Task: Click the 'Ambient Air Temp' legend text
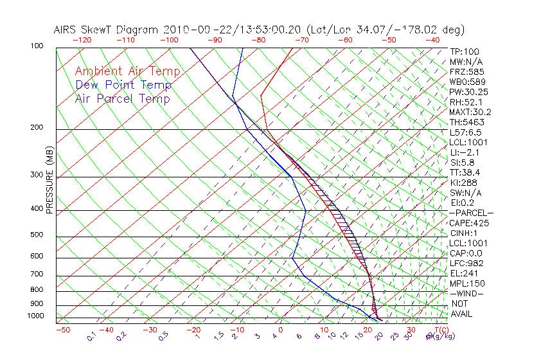(x=127, y=71)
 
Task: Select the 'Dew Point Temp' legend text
(x=123, y=85)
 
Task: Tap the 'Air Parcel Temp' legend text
(x=122, y=98)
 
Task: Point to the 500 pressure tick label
(x=37, y=235)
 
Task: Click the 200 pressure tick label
(x=37, y=128)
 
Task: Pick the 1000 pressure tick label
(x=35, y=316)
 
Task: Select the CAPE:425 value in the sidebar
(x=468, y=223)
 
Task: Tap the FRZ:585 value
(x=466, y=72)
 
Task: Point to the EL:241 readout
(x=464, y=273)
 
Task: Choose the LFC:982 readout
(x=466, y=263)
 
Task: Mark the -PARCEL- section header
(x=471, y=213)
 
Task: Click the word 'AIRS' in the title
(x=67, y=30)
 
